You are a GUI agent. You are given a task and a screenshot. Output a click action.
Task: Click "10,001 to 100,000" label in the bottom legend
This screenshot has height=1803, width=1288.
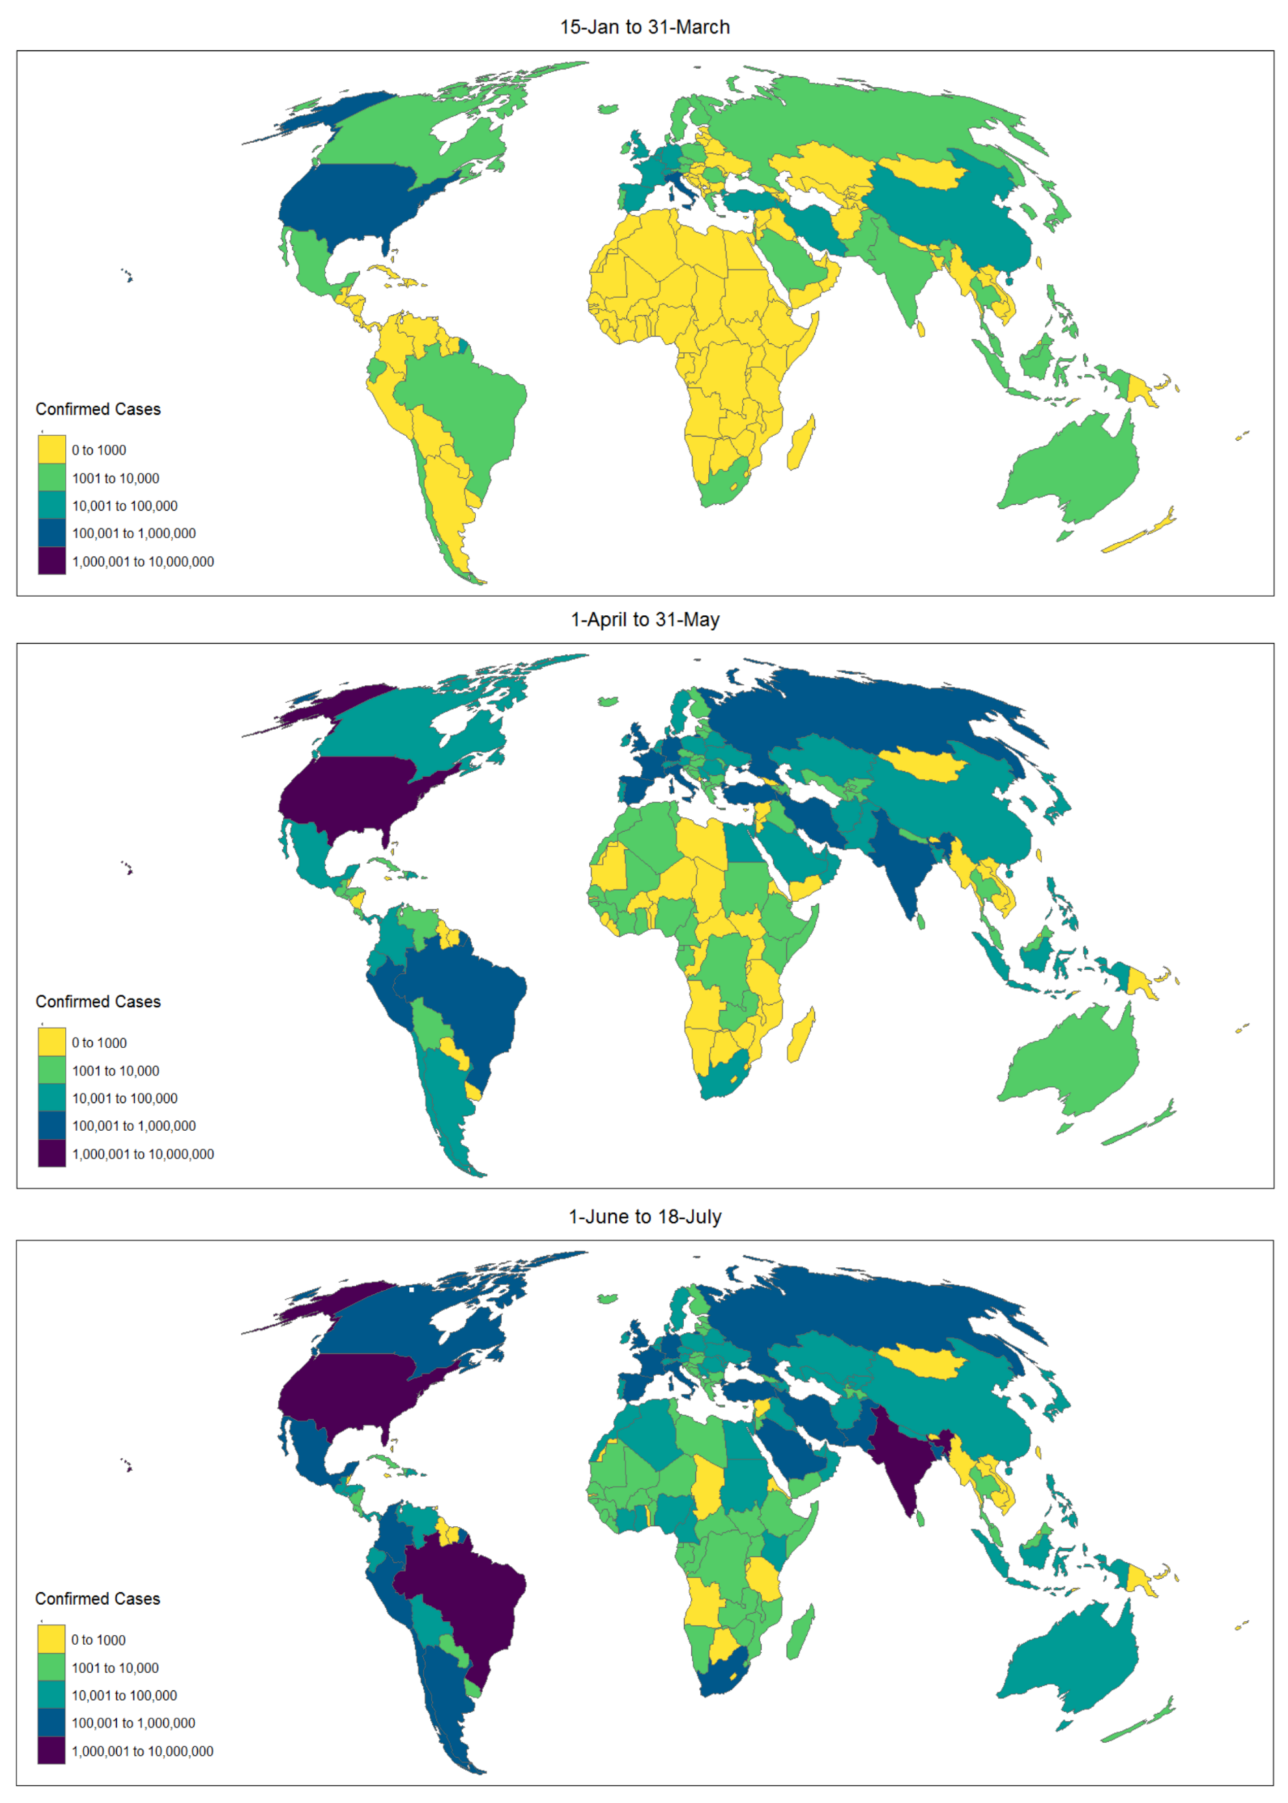pos(125,1695)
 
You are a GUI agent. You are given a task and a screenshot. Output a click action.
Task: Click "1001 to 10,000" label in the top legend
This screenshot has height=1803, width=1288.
pos(116,478)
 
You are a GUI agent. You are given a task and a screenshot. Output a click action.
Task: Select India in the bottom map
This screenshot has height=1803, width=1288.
pos(900,1460)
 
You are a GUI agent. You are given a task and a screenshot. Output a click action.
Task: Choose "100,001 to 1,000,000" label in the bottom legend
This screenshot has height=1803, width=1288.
pos(133,1723)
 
